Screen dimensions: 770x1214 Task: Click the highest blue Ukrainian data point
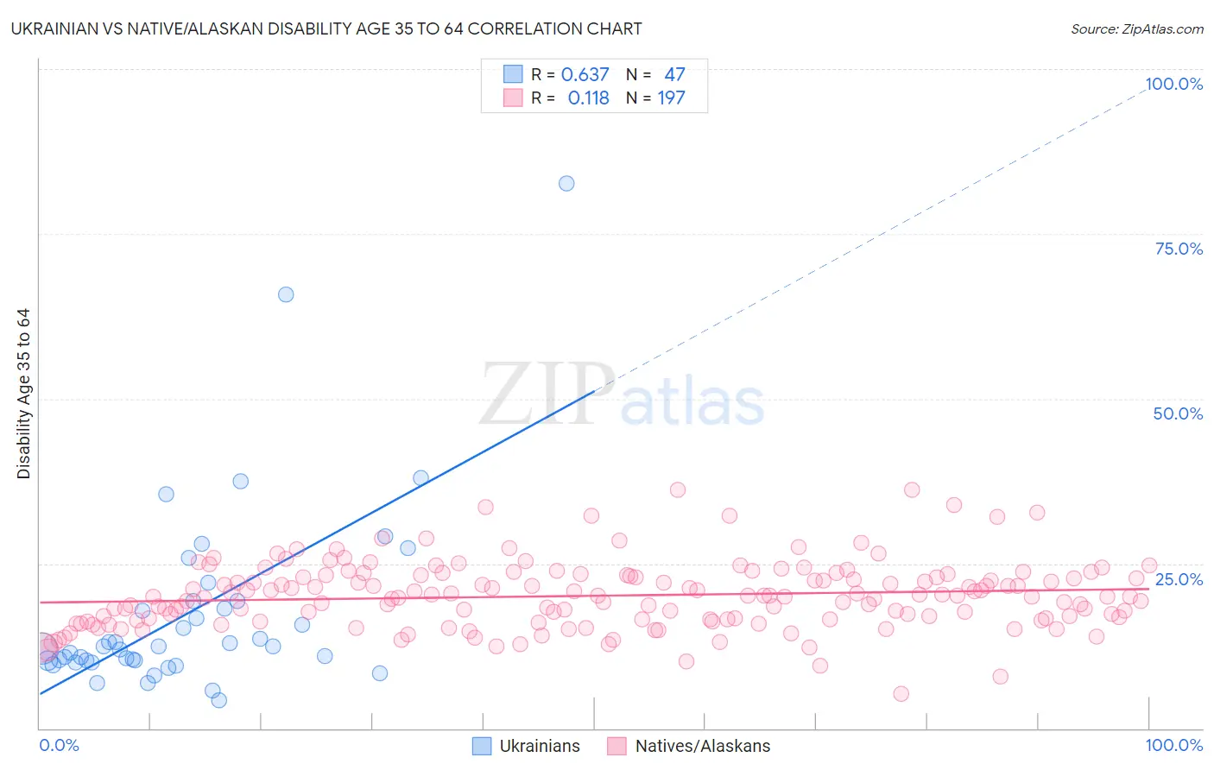pyautogui.click(x=566, y=183)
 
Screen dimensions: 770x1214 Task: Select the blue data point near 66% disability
pyautogui.click(x=286, y=294)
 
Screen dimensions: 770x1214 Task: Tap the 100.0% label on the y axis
pyautogui.click(x=1173, y=84)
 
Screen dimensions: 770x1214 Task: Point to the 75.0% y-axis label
pyautogui.click(x=1179, y=249)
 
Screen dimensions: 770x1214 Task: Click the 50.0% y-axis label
pyautogui.click(x=1178, y=413)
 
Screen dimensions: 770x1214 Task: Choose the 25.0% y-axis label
pyautogui.click(x=1179, y=578)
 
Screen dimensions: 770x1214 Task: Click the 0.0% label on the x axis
pyautogui.click(x=59, y=745)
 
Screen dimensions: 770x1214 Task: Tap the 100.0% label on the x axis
pyautogui.click(x=1173, y=745)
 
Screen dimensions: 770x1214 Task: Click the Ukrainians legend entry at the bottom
pyautogui.click(x=540, y=746)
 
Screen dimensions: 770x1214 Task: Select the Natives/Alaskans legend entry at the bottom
pyautogui.click(x=702, y=746)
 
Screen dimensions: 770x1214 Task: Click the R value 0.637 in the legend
pyautogui.click(x=585, y=74)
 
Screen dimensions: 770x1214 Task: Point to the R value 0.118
pyautogui.click(x=588, y=98)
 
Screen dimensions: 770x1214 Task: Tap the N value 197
pyautogui.click(x=671, y=98)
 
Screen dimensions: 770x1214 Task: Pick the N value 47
pyautogui.click(x=674, y=74)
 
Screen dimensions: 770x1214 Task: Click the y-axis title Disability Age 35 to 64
pyautogui.click(x=23, y=394)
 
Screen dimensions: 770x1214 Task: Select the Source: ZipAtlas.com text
pyautogui.click(x=1136, y=29)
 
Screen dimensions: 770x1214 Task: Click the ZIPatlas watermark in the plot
pyautogui.click(x=622, y=395)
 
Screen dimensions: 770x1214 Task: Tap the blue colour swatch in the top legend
pyautogui.click(x=513, y=74)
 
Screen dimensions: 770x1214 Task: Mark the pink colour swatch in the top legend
pyautogui.click(x=513, y=98)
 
